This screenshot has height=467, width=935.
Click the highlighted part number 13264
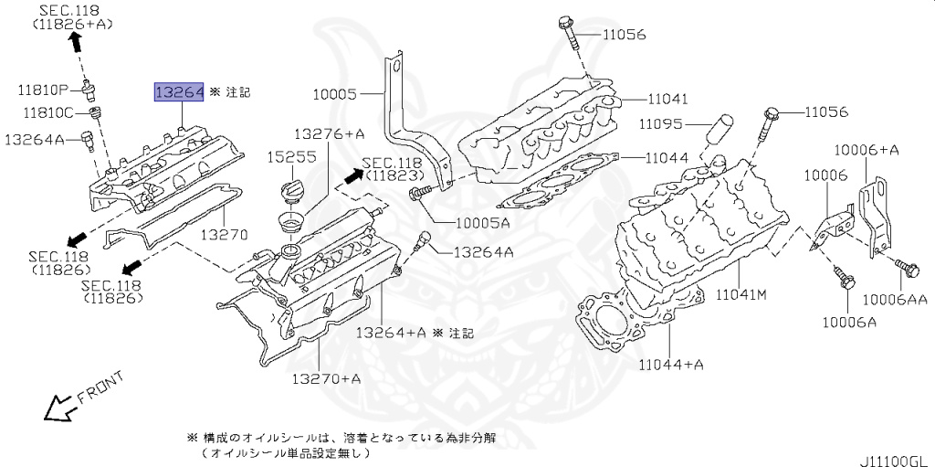pos(178,91)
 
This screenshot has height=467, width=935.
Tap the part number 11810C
pos(44,113)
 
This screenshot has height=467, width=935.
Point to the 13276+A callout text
pos(329,133)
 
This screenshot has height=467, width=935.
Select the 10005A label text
pos(471,222)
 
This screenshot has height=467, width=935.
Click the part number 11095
pos(662,123)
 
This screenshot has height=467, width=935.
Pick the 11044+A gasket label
pos(669,365)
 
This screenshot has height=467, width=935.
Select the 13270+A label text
pos(326,377)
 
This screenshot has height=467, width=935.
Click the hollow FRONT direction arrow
pos(59,407)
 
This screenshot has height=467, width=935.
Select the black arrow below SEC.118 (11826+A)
pos(76,41)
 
